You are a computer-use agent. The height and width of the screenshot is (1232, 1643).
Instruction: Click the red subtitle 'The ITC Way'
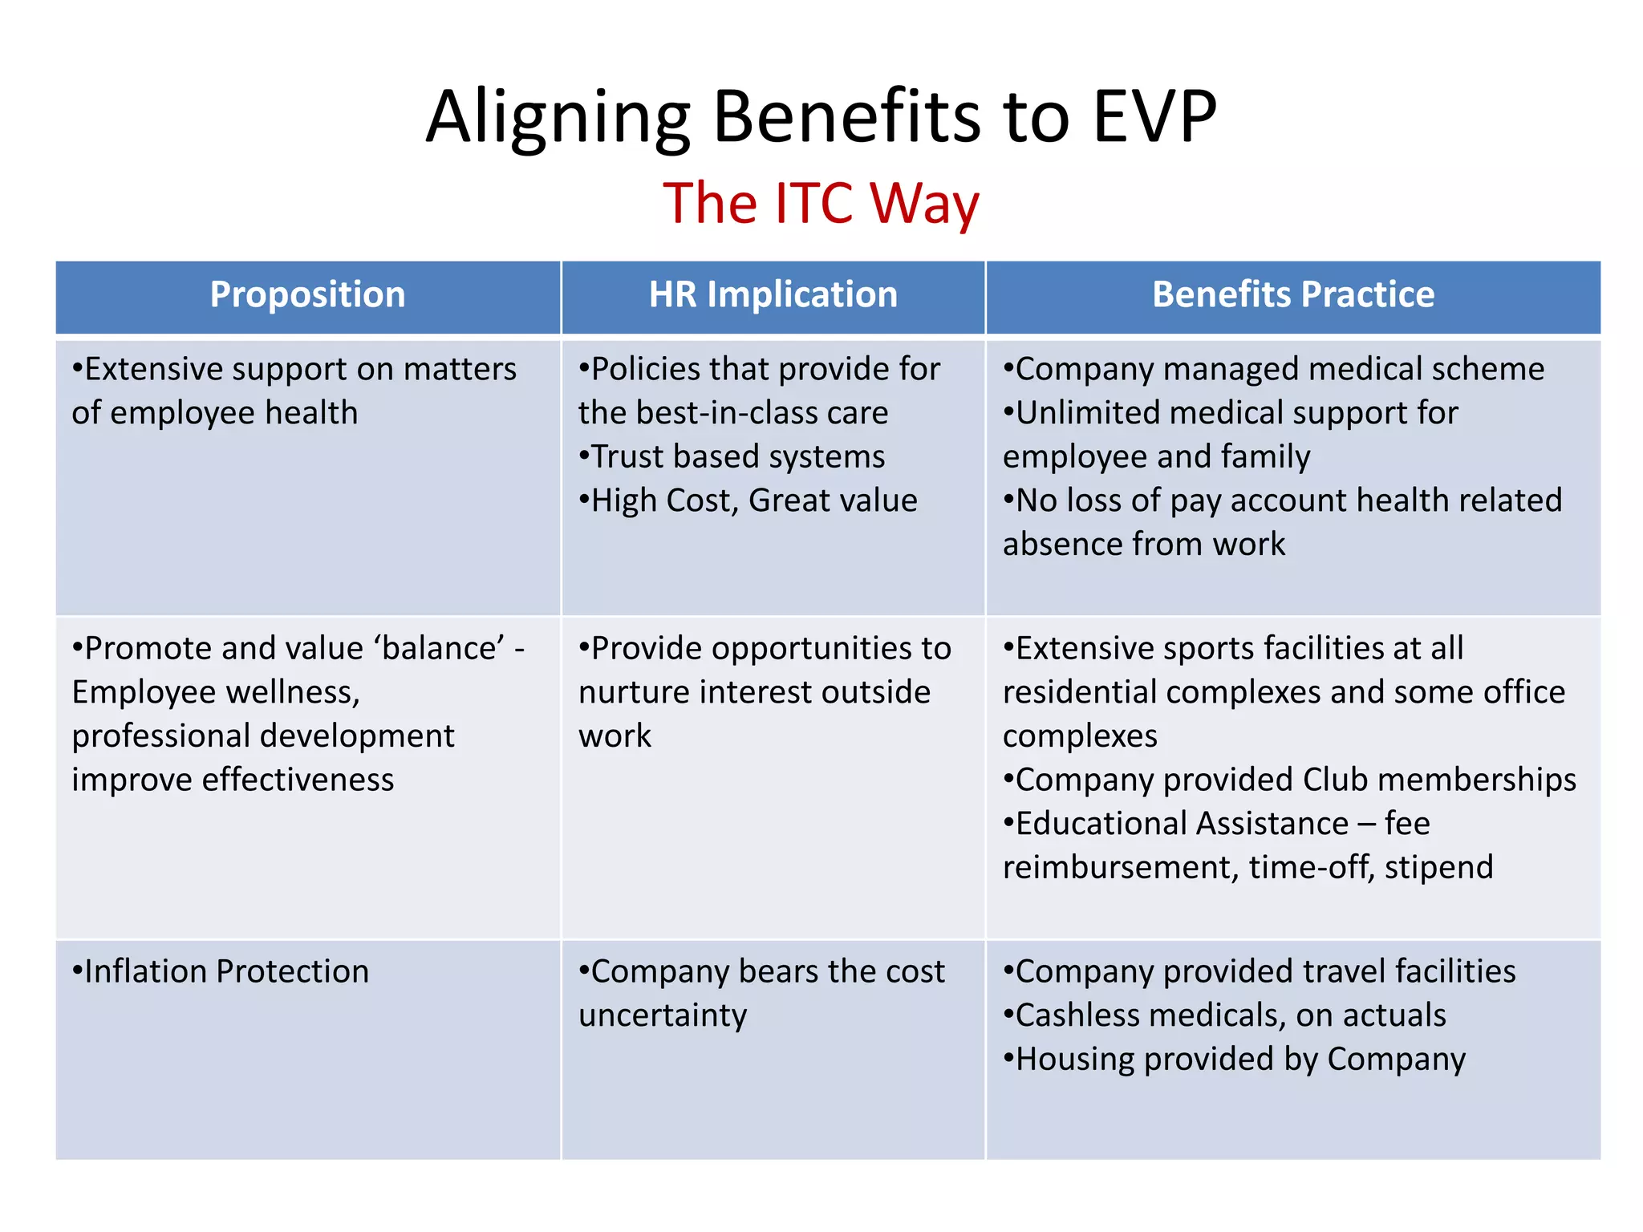[821, 203]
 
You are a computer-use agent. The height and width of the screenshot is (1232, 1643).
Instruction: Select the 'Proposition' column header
[307, 294]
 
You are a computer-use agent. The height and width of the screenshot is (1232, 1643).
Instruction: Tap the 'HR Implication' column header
[773, 294]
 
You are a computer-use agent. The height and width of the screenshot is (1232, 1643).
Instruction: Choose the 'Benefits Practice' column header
[1292, 294]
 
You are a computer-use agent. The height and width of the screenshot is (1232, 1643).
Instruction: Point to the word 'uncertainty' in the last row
[663, 1015]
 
